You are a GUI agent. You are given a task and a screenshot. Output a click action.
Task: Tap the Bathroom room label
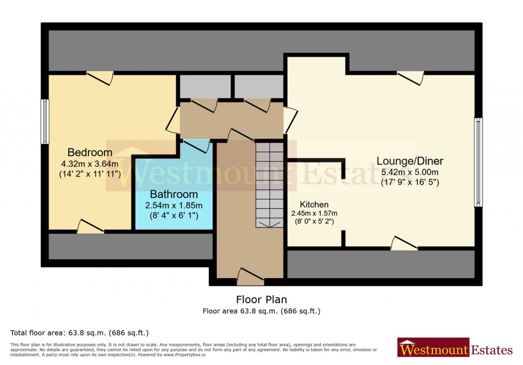pyautogui.click(x=173, y=194)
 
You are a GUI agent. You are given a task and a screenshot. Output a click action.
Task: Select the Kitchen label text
pyautogui.click(x=314, y=205)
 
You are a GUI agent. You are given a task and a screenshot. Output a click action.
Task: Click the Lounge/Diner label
pyautogui.click(x=409, y=161)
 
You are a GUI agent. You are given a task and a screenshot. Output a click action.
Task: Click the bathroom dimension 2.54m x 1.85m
pyautogui.click(x=173, y=205)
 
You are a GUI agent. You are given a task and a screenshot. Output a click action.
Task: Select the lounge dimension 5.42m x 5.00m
pyautogui.click(x=410, y=172)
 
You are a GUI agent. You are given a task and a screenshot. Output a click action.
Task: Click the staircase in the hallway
pyautogui.click(x=270, y=184)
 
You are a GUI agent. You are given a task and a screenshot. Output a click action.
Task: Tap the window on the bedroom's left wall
pyautogui.click(x=45, y=121)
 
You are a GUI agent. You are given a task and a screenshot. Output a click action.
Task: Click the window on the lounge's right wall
pyautogui.click(x=478, y=163)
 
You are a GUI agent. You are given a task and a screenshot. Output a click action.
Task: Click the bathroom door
pyautogui.click(x=196, y=145)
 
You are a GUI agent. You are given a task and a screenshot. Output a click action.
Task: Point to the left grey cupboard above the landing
pyautogui.click(x=205, y=86)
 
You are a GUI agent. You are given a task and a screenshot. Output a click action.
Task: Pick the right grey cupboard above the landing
pyautogui.click(x=259, y=86)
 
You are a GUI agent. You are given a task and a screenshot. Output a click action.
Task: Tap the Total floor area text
pyautogui.click(x=80, y=332)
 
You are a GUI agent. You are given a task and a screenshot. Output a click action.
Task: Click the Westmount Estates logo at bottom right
pyautogui.click(x=455, y=350)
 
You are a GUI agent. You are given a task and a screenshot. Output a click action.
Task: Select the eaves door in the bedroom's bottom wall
pyautogui.click(x=90, y=228)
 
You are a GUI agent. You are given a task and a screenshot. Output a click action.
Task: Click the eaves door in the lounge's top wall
pyautogui.click(x=410, y=77)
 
